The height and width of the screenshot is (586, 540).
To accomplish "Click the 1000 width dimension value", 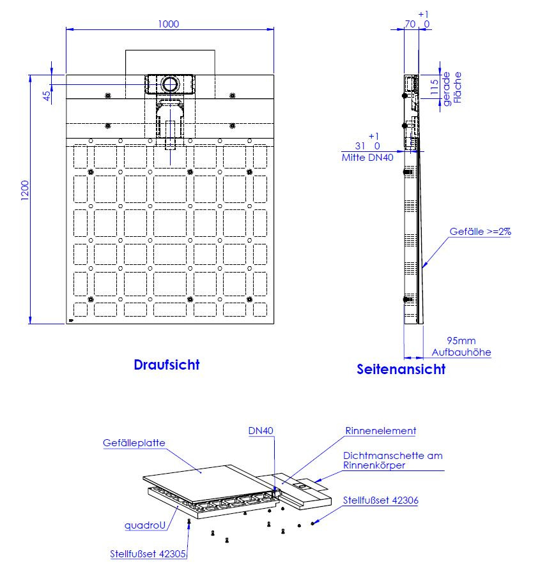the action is (x=169, y=24).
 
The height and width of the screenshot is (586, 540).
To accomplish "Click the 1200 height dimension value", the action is (x=25, y=191).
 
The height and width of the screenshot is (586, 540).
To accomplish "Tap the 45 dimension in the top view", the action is (x=47, y=96).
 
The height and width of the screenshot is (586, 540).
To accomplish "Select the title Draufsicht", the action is (x=167, y=364).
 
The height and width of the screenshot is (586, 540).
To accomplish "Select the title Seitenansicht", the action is (x=401, y=369).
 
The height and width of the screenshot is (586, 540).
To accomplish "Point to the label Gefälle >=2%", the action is (x=480, y=232).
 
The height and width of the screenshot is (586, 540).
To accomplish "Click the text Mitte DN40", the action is (x=367, y=158).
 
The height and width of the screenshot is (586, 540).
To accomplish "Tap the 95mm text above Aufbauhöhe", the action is (x=461, y=341).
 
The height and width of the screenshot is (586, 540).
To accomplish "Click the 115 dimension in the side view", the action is (x=434, y=87).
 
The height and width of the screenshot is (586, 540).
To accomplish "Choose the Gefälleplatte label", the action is (x=134, y=443).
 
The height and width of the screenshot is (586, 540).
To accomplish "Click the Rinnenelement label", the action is (x=381, y=431).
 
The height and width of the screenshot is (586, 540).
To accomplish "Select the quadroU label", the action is (x=145, y=525).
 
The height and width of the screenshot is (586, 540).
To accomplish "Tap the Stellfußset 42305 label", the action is (x=148, y=554).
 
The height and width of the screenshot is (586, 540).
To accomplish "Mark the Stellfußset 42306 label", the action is (x=381, y=500).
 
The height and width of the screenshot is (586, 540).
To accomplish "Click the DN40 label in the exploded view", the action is (x=261, y=431).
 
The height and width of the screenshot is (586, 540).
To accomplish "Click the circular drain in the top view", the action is (x=170, y=84).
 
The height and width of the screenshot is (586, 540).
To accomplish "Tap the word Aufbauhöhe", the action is (x=461, y=352).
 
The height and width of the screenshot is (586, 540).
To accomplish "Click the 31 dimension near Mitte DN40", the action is (x=360, y=146).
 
